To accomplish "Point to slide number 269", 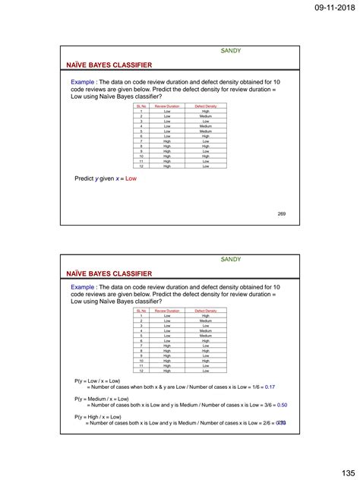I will coord(282,213).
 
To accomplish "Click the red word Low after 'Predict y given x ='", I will coord(131,178).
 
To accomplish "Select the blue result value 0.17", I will coord(270,387).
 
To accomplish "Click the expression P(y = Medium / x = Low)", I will coord(102,399).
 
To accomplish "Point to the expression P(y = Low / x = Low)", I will coord(97,381).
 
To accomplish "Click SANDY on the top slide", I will coord(231,51).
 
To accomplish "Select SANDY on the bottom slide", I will coord(231,260).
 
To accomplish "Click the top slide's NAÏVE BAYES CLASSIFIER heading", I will coord(109,65).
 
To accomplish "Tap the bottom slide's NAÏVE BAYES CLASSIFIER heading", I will coord(109,273).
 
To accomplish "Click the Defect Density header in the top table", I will coord(206,106).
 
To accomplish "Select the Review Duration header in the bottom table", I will coord(167,311).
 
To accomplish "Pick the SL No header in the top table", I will coord(141,106).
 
